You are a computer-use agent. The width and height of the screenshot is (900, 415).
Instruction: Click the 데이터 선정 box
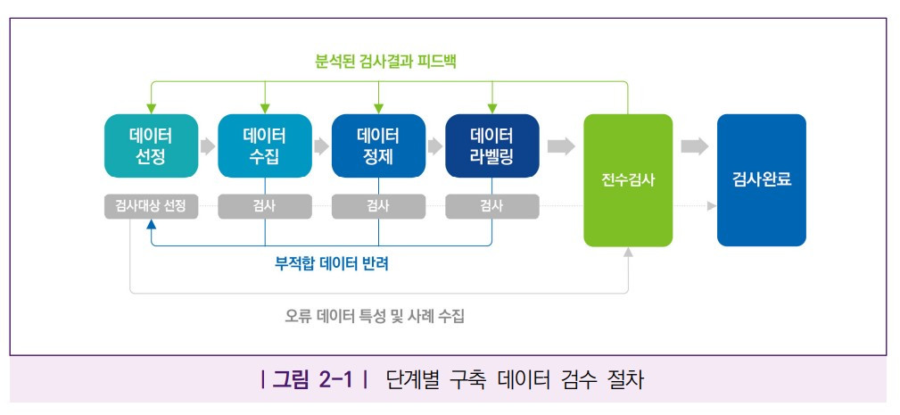pos(151,146)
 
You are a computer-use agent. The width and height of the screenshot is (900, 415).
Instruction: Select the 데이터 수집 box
pos(265,146)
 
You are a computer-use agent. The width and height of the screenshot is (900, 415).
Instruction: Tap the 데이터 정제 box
pos(378,146)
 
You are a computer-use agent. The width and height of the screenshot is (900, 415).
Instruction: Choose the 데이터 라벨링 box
pos(491,146)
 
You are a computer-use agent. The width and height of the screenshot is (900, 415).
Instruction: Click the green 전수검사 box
pos(628,180)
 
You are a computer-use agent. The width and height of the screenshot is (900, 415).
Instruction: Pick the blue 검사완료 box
pos(761,180)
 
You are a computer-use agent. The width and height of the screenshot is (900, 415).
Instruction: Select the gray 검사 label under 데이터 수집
pos(265,206)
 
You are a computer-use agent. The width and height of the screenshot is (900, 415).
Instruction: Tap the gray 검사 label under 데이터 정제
pos(378,206)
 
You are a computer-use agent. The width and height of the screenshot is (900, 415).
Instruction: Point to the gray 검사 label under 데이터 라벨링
pos(491,206)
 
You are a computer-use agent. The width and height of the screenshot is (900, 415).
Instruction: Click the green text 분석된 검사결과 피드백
pos(386,62)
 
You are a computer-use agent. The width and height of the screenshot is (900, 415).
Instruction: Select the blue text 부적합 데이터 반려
pos(332,264)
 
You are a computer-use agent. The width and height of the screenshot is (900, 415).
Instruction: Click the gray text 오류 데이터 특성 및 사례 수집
pos(375,315)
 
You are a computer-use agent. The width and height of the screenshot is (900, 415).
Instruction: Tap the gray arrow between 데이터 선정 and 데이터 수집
pos(208,146)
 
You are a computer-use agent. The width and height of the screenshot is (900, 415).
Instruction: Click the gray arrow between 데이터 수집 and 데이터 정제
pos(321,146)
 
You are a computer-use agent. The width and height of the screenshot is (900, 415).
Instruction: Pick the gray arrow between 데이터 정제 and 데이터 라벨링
pos(435,146)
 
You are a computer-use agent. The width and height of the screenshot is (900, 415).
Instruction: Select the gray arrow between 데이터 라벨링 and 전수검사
pos(561,146)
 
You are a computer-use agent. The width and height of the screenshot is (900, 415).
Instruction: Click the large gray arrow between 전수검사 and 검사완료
pos(694,146)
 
